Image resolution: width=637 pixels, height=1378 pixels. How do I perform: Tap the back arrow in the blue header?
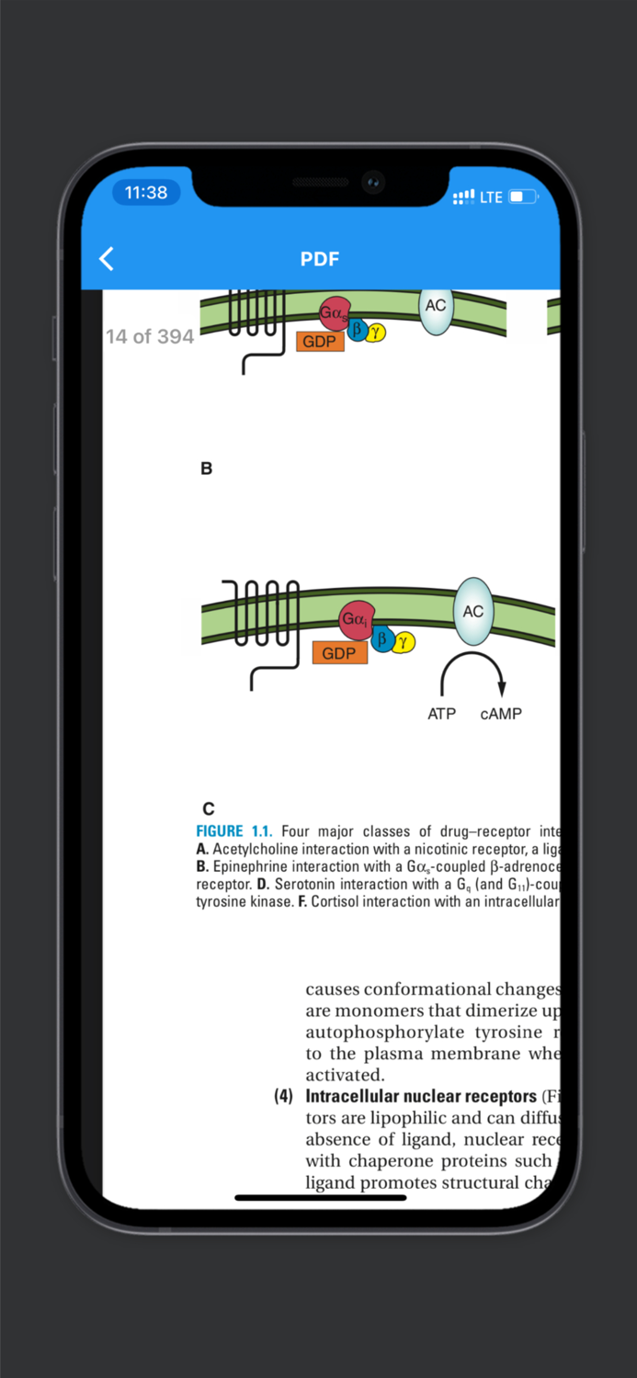point(107,259)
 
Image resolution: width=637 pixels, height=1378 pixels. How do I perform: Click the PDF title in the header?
point(319,259)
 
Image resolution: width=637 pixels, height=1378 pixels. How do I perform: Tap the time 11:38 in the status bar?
point(146,193)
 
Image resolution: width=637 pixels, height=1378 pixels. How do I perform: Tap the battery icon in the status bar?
point(522,197)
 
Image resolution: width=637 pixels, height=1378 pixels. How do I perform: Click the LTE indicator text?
point(491,197)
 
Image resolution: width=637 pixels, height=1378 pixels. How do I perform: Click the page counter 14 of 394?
point(150,336)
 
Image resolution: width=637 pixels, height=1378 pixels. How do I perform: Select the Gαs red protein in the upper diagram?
point(334,313)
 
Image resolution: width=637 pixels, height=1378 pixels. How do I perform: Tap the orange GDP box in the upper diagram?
point(320,342)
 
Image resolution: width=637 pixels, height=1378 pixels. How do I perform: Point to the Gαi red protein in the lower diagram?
point(356,620)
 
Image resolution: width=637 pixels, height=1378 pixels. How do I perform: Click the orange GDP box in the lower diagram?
point(339,653)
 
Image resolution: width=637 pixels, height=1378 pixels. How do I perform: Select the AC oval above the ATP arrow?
point(472,611)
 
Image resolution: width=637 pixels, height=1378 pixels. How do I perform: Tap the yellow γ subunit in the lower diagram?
point(403,641)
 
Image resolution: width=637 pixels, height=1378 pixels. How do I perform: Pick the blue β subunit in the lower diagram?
point(382,638)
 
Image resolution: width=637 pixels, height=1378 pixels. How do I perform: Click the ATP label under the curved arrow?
point(441,714)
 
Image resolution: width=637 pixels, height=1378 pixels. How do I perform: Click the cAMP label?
point(501,714)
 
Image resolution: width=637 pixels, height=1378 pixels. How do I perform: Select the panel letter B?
point(206,469)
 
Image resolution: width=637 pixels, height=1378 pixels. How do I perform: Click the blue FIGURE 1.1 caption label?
point(233,831)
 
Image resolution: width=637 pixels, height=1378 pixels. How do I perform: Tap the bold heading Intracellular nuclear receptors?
point(421,1096)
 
